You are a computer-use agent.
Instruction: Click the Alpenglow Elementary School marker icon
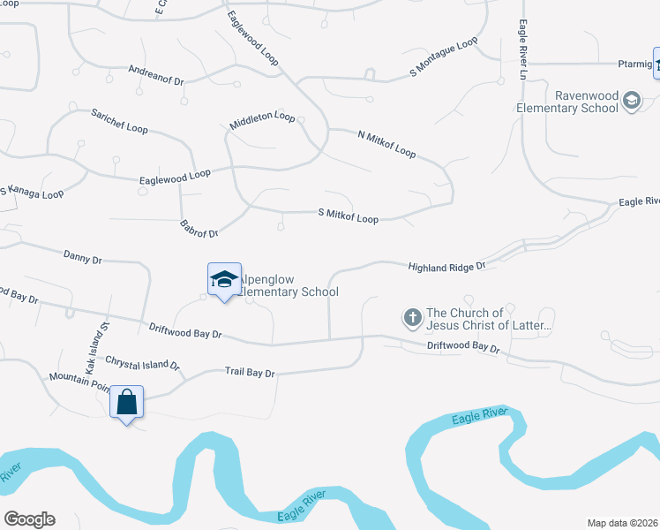(224, 280)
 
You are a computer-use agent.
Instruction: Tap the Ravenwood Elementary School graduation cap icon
(631, 101)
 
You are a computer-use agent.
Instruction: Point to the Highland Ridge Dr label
(446, 266)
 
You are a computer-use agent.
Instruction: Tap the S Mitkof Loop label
(348, 216)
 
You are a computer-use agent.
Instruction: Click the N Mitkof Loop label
(386, 144)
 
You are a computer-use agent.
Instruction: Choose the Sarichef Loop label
(119, 121)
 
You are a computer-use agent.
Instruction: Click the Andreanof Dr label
(155, 74)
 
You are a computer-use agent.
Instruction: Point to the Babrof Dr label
(199, 228)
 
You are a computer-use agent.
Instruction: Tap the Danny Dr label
(83, 257)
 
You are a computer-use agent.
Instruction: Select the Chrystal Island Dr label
(142, 362)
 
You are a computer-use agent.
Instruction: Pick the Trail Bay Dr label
(250, 373)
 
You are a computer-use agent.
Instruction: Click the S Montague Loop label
(443, 57)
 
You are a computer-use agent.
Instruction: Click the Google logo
(29, 519)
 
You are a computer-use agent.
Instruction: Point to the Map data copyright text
(623, 522)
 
